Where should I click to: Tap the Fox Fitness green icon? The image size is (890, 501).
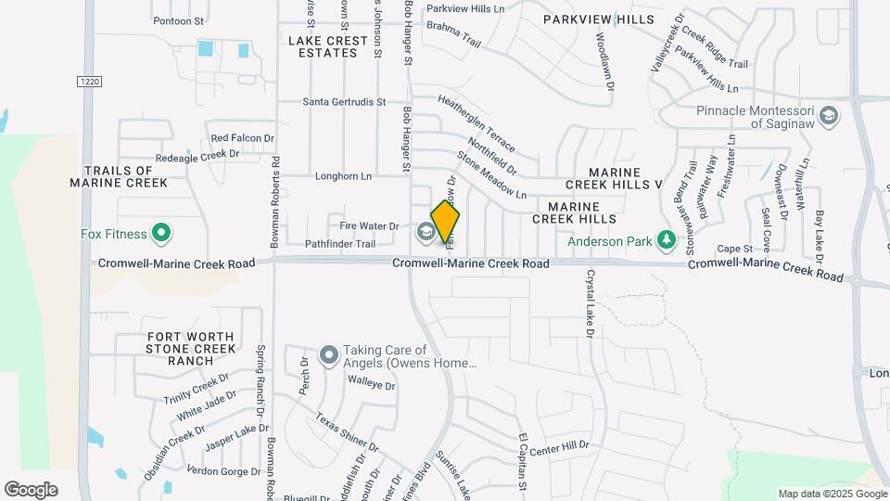click(161, 233)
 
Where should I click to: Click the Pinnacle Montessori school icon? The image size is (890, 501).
click(829, 117)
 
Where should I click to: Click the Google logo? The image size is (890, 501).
click(31, 490)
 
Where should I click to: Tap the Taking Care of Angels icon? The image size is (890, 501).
click(328, 356)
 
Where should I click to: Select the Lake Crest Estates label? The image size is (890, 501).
click(323, 46)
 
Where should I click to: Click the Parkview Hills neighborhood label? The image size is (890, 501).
click(598, 19)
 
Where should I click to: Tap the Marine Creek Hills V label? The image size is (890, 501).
click(627, 179)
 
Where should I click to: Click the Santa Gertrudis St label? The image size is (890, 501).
click(343, 102)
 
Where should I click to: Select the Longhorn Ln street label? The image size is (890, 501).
click(343, 175)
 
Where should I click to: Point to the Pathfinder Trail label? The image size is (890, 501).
click(340, 244)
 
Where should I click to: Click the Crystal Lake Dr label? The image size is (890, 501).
click(590, 302)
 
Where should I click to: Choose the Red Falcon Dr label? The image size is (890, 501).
click(243, 138)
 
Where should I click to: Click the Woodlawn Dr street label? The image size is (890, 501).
click(605, 61)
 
